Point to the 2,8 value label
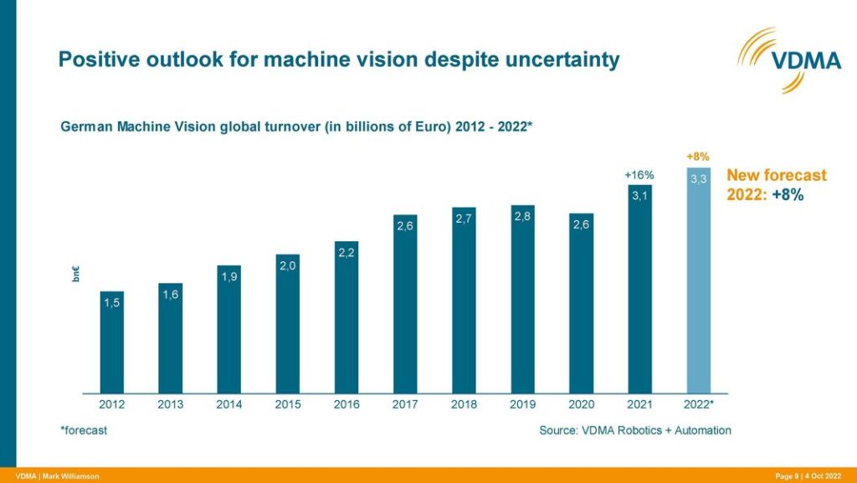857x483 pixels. pos(522,216)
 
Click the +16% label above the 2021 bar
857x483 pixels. pos(639,175)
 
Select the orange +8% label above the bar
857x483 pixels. pos(698,157)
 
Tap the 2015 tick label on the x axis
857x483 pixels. pos(288,405)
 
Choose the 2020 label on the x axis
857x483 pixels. pos(581,405)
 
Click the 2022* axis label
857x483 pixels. pos(699,405)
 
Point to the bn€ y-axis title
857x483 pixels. pos(75,274)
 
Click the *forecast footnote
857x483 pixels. pos(83,430)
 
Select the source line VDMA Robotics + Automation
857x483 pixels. pos(634,430)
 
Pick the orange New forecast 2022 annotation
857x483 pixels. pos(776,184)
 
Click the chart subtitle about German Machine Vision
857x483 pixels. pos(296,126)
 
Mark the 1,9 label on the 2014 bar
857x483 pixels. pos(229,276)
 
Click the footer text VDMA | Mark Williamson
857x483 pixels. pos(58,476)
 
